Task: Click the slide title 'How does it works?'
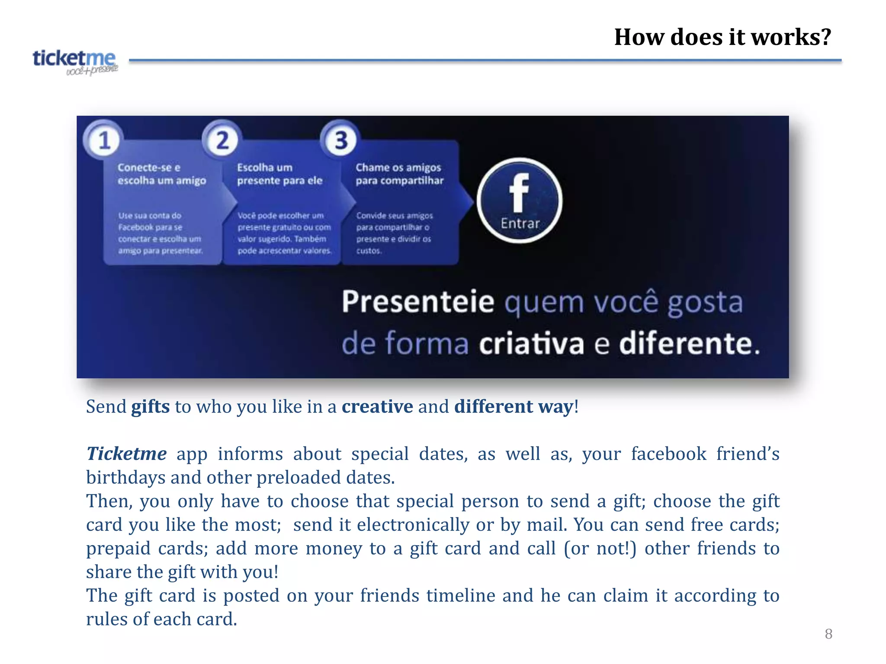(x=722, y=37)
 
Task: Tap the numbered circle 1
(x=104, y=140)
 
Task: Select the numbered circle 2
(x=222, y=140)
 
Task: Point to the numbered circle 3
(x=341, y=140)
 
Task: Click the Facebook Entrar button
(x=520, y=201)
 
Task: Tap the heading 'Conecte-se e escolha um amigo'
(x=161, y=174)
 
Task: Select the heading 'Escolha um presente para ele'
(x=279, y=174)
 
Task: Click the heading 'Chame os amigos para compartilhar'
(x=399, y=174)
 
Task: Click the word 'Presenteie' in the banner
(x=418, y=302)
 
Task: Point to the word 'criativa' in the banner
(x=532, y=344)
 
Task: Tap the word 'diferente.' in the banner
(x=689, y=344)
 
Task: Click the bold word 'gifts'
(x=150, y=407)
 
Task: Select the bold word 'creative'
(x=377, y=407)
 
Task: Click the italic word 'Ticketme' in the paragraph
(x=126, y=454)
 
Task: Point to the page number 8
(x=828, y=634)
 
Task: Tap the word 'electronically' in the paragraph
(x=413, y=525)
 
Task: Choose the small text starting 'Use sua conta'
(x=160, y=233)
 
